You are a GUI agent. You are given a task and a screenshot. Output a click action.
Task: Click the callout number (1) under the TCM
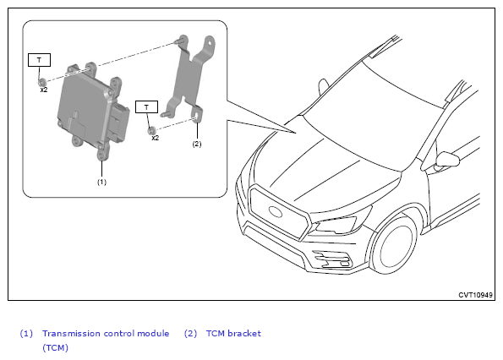[x=101, y=182]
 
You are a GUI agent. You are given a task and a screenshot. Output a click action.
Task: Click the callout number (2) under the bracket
[x=197, y=144]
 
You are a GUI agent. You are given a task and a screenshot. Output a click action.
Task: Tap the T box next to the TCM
[x=39, y=60]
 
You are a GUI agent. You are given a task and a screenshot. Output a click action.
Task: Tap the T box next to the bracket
[x=146, y=107]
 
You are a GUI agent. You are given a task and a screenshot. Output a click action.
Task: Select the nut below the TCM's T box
[x=41, y=82]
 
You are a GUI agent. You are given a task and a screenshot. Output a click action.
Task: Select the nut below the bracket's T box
[x=151, y=130]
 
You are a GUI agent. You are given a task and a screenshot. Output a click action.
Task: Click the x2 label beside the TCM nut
[x=44, y=90]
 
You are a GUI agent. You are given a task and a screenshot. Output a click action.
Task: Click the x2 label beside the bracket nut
[x=156, y=138]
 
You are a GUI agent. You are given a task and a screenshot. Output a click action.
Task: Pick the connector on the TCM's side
[x=119, y=122]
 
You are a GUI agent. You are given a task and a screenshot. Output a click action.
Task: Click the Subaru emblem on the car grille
[x=276, y=211]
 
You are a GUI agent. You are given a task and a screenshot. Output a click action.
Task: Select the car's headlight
[x=336, y=225]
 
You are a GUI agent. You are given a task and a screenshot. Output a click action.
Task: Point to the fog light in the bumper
[x=332, y=259]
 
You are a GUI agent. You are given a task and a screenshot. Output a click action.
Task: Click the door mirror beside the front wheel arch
[x=447, y=160]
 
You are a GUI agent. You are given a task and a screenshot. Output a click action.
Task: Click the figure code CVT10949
[x=475, y=295]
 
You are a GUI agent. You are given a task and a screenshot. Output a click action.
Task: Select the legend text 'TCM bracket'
[x=233, y=334]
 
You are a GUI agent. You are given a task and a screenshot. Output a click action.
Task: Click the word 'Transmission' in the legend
[x=72, y=334]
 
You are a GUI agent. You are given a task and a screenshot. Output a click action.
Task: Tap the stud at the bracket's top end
[x=178, y=41]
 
